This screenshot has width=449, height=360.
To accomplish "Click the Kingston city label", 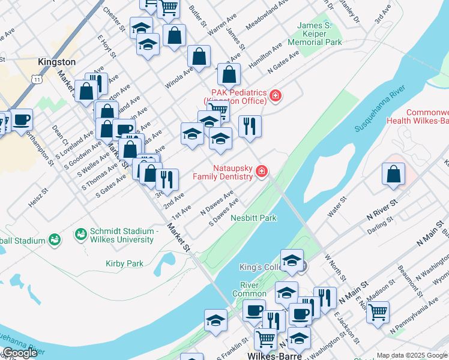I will (x=56, y=62).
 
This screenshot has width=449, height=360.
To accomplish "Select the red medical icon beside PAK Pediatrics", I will (x=276, y=95).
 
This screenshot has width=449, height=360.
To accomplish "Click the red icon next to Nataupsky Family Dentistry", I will (x=261, y=172).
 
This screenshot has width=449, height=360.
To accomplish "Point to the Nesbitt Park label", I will (x=253, y=218).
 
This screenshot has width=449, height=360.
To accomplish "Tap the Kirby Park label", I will (x=124, y=263).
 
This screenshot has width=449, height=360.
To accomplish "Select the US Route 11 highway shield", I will (x=37, y=79).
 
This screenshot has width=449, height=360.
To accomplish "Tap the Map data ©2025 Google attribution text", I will (x=412, y=355).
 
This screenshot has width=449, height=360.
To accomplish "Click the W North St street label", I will (x=334, y=267).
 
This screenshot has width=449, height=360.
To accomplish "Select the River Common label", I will (x=253, y=289).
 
